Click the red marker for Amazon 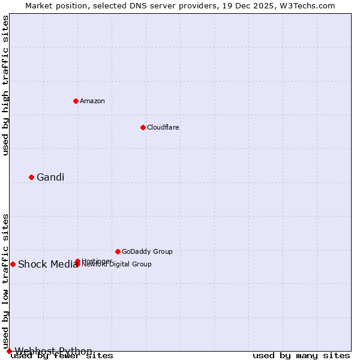coord(76,101)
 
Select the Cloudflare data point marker coord(143,127)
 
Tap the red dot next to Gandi coord(31,177)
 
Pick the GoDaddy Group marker coord(118,251)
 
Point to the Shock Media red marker coord(13,264)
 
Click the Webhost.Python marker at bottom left coord(9,351)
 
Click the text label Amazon coord(92,101)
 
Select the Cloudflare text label coord(163,127)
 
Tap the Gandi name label coord(50,177)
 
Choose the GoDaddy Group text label coord(147,251)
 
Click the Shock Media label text coord(47,265)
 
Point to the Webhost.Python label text coord(53,351)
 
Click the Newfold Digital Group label coord(120,265)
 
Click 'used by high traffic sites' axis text coord(5,85)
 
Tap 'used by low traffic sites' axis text coord(5,281)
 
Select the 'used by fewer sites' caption coord(62,356)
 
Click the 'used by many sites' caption coord(301,356)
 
